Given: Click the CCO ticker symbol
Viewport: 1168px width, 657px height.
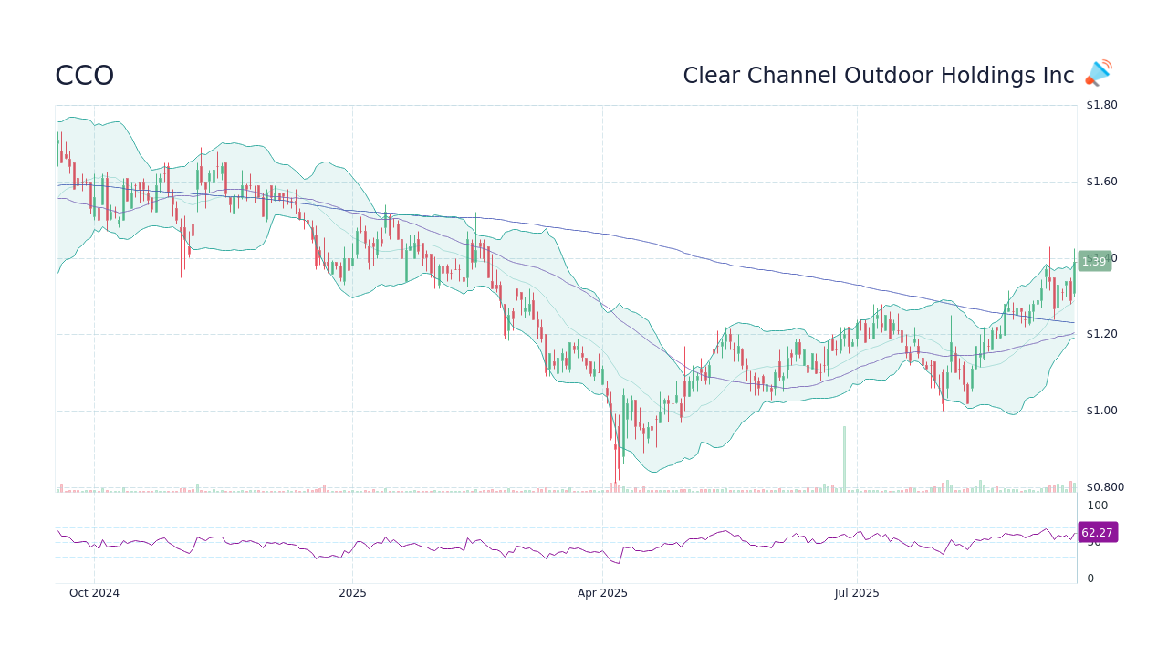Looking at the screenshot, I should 84,76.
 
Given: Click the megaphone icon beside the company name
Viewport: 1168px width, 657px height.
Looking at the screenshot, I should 1099,73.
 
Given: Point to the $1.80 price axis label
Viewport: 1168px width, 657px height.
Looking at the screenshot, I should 1100,105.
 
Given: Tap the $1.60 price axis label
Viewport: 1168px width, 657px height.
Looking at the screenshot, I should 1100,182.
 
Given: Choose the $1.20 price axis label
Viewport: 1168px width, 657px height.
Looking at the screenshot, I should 1100,334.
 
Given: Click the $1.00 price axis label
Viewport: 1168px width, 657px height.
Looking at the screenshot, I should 1100,411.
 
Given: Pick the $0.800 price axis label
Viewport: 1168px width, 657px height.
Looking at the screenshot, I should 1104,487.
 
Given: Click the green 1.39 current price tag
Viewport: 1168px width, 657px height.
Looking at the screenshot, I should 1093,262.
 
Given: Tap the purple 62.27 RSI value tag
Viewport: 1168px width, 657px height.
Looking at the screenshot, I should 1097,533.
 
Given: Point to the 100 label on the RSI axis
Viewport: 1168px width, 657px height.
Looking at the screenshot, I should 1097,506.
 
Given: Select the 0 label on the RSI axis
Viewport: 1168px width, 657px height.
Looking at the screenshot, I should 1090,579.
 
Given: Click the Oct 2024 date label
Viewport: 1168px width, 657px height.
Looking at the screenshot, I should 94,593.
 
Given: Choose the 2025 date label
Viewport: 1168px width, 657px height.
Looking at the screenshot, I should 352,593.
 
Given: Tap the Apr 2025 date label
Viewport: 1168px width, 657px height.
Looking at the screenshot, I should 602,593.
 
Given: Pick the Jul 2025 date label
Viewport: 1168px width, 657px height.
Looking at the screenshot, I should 857,593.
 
